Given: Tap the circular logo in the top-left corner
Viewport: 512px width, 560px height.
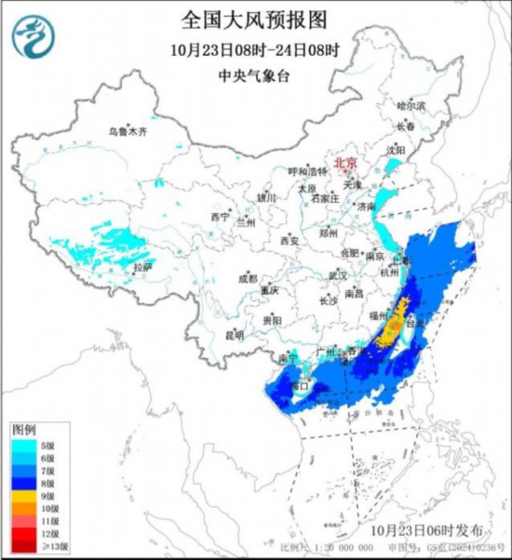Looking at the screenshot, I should (x=34, y=35).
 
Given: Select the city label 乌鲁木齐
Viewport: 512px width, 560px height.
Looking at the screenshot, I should (x=127, y=132).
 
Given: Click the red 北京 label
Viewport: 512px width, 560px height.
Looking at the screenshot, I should (x=344, y=161).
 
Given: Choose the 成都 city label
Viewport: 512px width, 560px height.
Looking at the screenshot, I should (x=247, y=278).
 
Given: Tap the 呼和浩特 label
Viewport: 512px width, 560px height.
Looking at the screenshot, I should (x=307, y=171).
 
